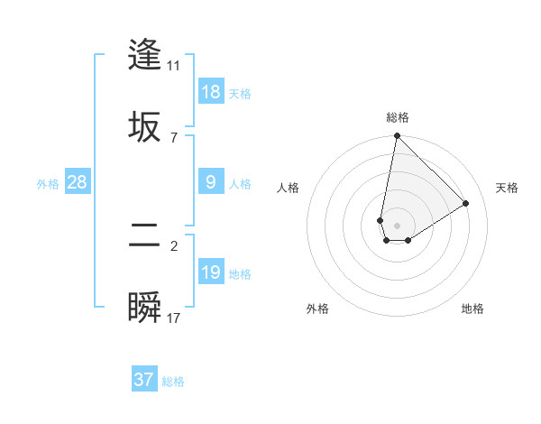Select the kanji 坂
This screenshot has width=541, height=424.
[144, 125]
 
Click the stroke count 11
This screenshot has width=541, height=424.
[173, 65]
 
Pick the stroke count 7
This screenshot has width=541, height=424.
[173, 137]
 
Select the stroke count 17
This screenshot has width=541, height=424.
[173, 318]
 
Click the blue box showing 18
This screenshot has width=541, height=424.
[211, 92]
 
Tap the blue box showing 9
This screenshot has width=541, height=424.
[211, 183]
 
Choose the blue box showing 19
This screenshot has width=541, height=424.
[211, 272]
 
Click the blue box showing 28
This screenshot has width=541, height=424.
[78, 183]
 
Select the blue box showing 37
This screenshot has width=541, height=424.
[143, 380]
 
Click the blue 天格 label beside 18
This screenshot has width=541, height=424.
[240, 93]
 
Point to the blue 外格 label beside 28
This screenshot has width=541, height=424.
[48, 184]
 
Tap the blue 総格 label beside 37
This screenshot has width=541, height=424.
[173, 382]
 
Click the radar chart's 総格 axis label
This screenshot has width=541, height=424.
[398, 117]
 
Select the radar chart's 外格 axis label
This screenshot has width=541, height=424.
[317, 309]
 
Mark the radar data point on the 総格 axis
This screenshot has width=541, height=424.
[397, 136]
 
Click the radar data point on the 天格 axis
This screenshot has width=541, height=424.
[466, 204]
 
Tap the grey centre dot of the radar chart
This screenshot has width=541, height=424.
[397, 226]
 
